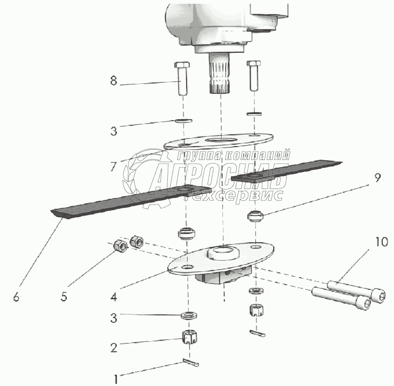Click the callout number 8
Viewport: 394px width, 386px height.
coord(114,81)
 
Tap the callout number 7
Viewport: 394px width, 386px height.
coord(114,166)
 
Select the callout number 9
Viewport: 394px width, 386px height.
coord(378,178)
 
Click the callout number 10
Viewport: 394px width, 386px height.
coord(381,242)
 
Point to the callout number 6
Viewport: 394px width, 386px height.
coord(16,297)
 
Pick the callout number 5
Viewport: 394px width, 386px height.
coord(64,297)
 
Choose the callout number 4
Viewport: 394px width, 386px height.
coord(114,297)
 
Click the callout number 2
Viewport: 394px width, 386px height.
coord(114,348)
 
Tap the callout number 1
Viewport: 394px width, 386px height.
coord(115,379)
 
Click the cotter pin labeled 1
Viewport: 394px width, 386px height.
coord(191,362)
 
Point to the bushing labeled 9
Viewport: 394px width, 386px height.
coord(255,216)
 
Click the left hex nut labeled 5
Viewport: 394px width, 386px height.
coord(121,246)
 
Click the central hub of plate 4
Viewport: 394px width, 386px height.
coord(223,253)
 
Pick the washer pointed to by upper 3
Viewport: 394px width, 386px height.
coord(184,121)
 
